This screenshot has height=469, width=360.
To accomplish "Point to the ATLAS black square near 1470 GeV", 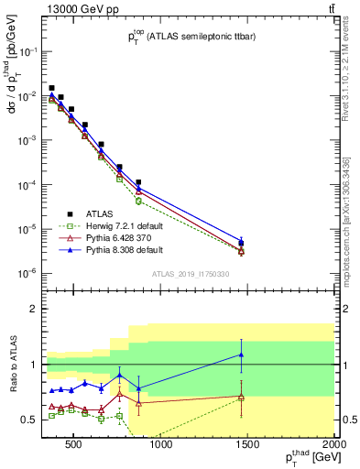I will tap(241, 244).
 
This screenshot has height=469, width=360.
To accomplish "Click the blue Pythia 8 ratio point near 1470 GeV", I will tap(241, 354).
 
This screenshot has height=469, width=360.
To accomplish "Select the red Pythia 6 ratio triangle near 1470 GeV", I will tap(241, 397).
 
